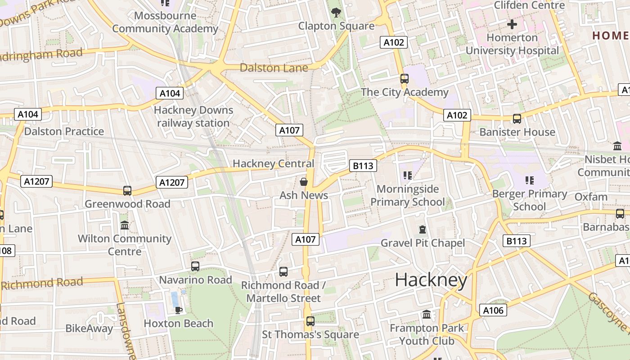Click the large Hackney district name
pyautogui.click(x=431, y=280)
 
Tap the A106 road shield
pyautogui.click(x=493, y=310)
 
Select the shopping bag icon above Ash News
pyautogui.click(x=304, y=182)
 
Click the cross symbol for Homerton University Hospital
pyautogui.click(x=512, y=24)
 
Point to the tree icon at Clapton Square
pyautogui.click(x=336, y=13)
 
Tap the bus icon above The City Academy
pyautogui.click(x=404, y=79)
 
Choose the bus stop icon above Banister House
pyautogui.click(x=517, y=119)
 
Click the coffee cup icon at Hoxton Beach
pyautogui.click(x=178, y=310)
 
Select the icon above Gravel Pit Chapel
pyautogui.click(x=422, y=230)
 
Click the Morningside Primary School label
pyautogui.click(x=407, y=195)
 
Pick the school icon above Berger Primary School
pyautogui.click(x=529, y=180)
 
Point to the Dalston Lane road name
pyautogui.click(x=274, y=68)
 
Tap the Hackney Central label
pyautogui.click(x=273, y=164)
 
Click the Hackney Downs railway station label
pyautogui.click(x=193, y=117)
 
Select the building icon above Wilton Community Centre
pyautogui.click(x=125, y=225)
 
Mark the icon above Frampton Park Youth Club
pyautogui.click(x=427, y=315)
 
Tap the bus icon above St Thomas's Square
pyautogui.click(x=310, y=321)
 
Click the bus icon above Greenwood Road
pyautogui.click(x=127, y=191)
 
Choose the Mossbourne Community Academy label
pyautogui.click(x=165, y=22)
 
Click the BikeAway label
pyautogui.click(x=89, y=328)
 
